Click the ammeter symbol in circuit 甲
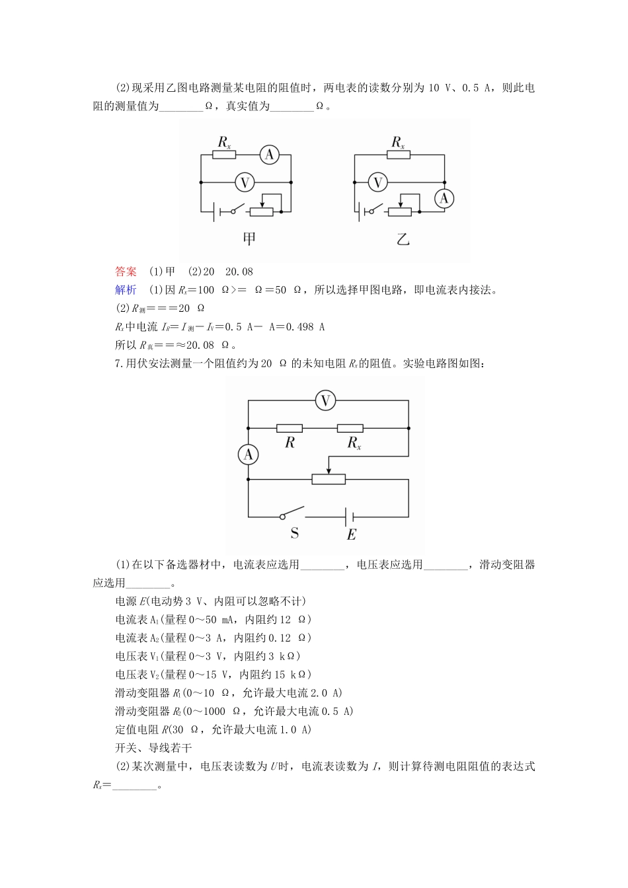coord(270,155)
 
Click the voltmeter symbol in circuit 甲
coord(245,182)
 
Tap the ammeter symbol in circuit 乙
coord(444,198)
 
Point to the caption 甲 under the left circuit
coord(249,239)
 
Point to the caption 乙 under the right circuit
coord(403,239)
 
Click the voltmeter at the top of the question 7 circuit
coord(325,400)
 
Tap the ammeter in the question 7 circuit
coord(249,454)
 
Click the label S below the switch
coord(295,533)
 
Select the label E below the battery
coord(352,535)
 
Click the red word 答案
coord(126,272)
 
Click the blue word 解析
coord(126,290)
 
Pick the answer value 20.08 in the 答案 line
coord(239,272)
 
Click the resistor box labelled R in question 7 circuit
coord(289,428)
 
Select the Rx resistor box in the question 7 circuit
coord(350,428)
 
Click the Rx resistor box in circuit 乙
coord(398,155)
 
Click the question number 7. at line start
coord(119,363)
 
